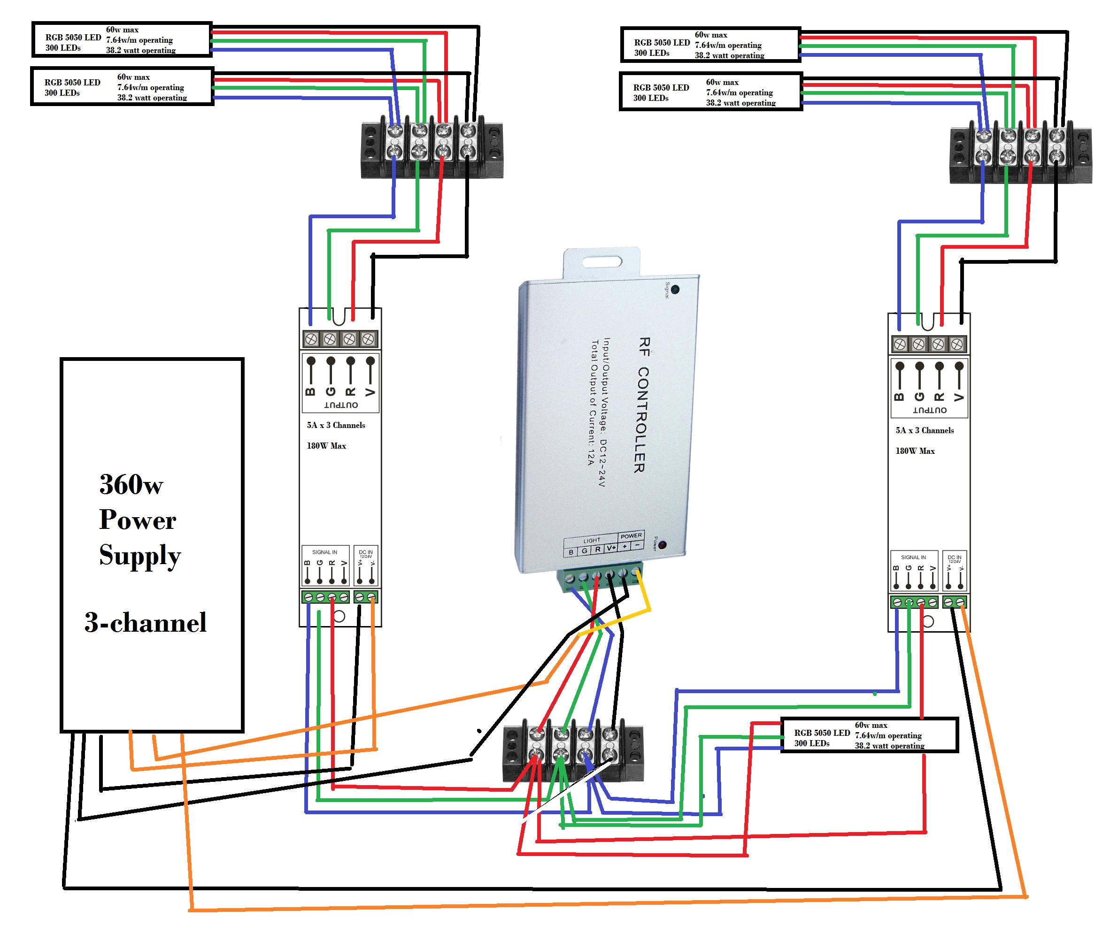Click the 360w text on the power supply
[x=131, y=484]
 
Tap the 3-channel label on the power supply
[x=145, y=622]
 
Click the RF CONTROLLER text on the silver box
[x=642, y=405]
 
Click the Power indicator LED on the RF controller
[x=662, y=545]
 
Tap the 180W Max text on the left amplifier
[x=326, y=446]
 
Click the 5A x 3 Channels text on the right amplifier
[x=925, y=430]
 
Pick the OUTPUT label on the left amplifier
[x=341, y=405]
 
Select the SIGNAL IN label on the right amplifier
[x=913, y=557]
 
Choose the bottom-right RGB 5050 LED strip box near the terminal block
[x=869, y=735]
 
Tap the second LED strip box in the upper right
[x=710, y=92]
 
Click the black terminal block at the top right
[x=1020, y=155]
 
